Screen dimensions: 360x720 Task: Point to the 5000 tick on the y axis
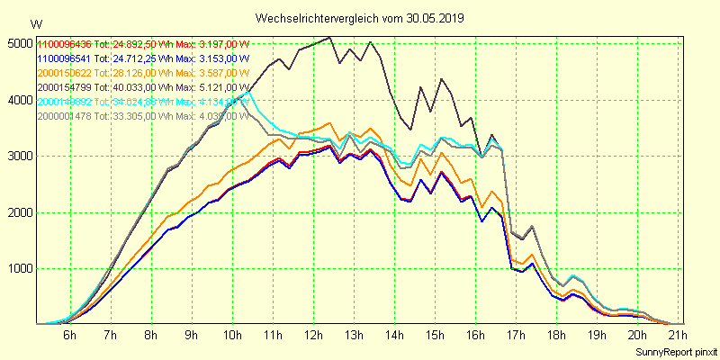[19, 43]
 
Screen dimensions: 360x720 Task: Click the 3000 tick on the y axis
[19, 156]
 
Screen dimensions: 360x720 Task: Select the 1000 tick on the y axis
[19, 268]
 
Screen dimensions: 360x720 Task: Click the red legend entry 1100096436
[64, 44]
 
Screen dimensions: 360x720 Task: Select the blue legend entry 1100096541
[64, 58]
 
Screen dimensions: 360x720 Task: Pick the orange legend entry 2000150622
[64, 73]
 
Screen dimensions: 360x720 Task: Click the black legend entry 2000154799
[64, 87]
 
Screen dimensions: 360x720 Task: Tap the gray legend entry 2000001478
[64, 116]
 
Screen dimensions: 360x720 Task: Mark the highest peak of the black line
[330, 38]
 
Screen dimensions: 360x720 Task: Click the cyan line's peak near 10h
[247, 92]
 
